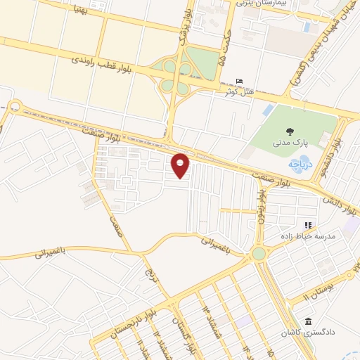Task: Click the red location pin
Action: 181,165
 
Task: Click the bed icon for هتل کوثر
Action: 240,82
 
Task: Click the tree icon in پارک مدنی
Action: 289,131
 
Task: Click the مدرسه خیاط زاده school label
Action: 308,237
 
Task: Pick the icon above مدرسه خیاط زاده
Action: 308,225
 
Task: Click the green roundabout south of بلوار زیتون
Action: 259,253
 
